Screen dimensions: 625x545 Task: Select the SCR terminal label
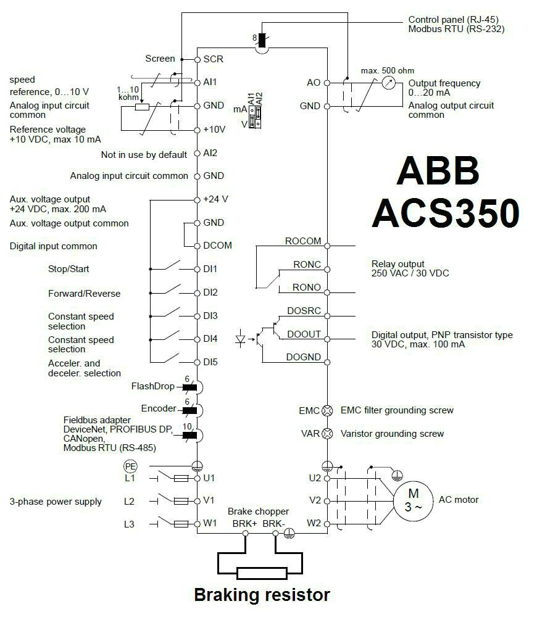pos(213,59)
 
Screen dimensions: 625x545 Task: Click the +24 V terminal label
pos(215,199)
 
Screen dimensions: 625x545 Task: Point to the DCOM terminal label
pos(217,246)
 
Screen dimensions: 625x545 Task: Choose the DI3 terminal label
pos(210,316)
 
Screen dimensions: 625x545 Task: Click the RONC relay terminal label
pos(307,265)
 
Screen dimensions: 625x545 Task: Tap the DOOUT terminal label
pos(304,334)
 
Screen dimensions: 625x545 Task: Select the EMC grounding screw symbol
pos(328,410)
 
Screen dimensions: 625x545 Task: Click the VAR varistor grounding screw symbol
pos(328,434)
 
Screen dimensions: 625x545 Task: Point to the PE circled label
pos(130,466)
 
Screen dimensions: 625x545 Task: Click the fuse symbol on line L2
pos(181,501)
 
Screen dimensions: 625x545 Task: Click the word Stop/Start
pos(69,269)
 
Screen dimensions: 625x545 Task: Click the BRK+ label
pos(244,524)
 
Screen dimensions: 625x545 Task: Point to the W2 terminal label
pos(315,524)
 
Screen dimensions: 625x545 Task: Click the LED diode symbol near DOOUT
pos(242,338)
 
